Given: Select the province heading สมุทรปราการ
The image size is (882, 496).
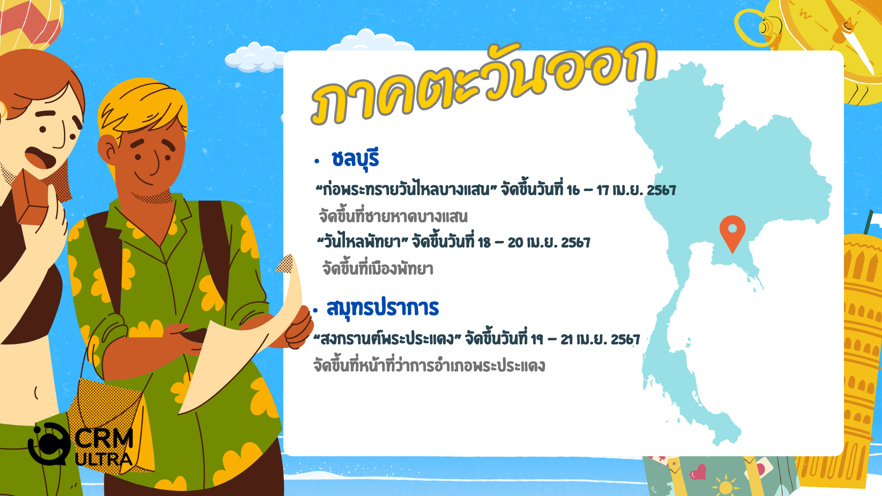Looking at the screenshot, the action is [x=383, y=308].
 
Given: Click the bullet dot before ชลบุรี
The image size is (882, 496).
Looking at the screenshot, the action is [x=317, y=161].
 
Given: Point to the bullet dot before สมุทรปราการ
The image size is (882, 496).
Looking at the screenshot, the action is [x=315, y=310].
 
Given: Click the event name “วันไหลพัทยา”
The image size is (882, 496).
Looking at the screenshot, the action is [x=362, y=242].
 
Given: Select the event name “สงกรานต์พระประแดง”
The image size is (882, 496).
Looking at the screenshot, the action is [x=387, y=339].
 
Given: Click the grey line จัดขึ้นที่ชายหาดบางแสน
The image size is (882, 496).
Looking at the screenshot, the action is [x=393, y=216].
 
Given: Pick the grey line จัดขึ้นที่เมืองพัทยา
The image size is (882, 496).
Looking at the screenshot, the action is [x=378, y=268].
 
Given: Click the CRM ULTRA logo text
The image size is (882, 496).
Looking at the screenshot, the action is [x=104, y=447].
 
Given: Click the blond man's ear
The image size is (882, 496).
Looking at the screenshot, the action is [x=108, y=151].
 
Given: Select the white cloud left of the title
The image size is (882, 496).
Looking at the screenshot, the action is [x=255, y=58].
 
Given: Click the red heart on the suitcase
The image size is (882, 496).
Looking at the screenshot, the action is [x=698, y=472].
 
